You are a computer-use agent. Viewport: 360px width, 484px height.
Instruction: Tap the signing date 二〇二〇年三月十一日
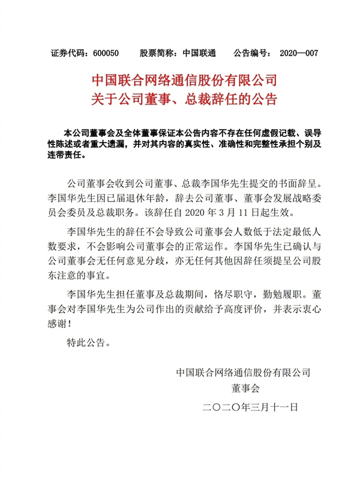click(251, 407)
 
